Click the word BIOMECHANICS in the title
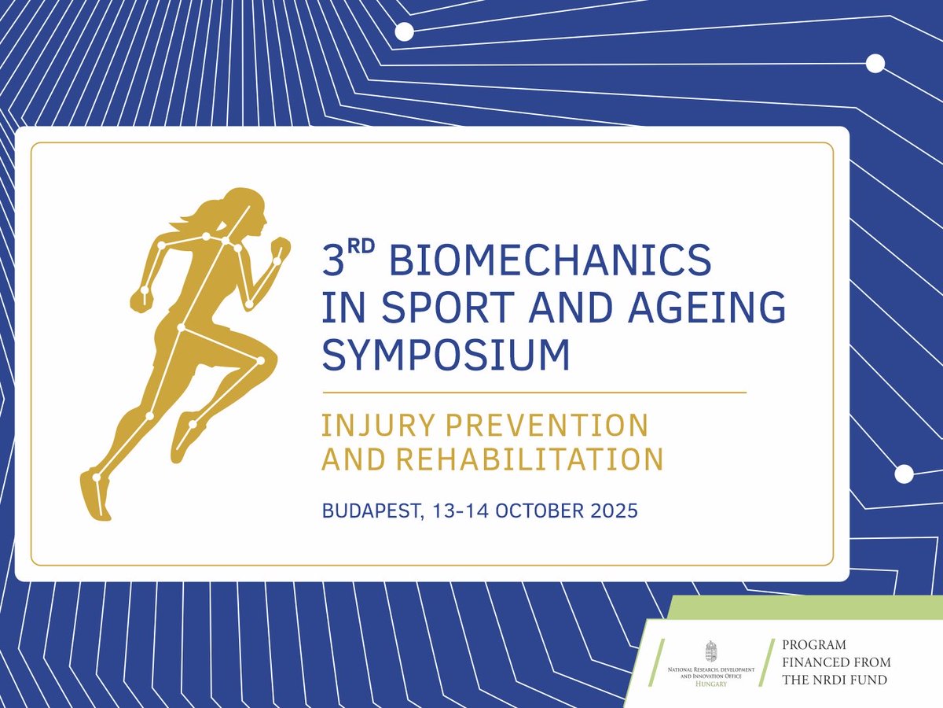pos(550,260)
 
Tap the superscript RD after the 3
pos(362,249)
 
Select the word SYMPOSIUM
pos(446,355)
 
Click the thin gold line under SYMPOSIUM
pos(534,391)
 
